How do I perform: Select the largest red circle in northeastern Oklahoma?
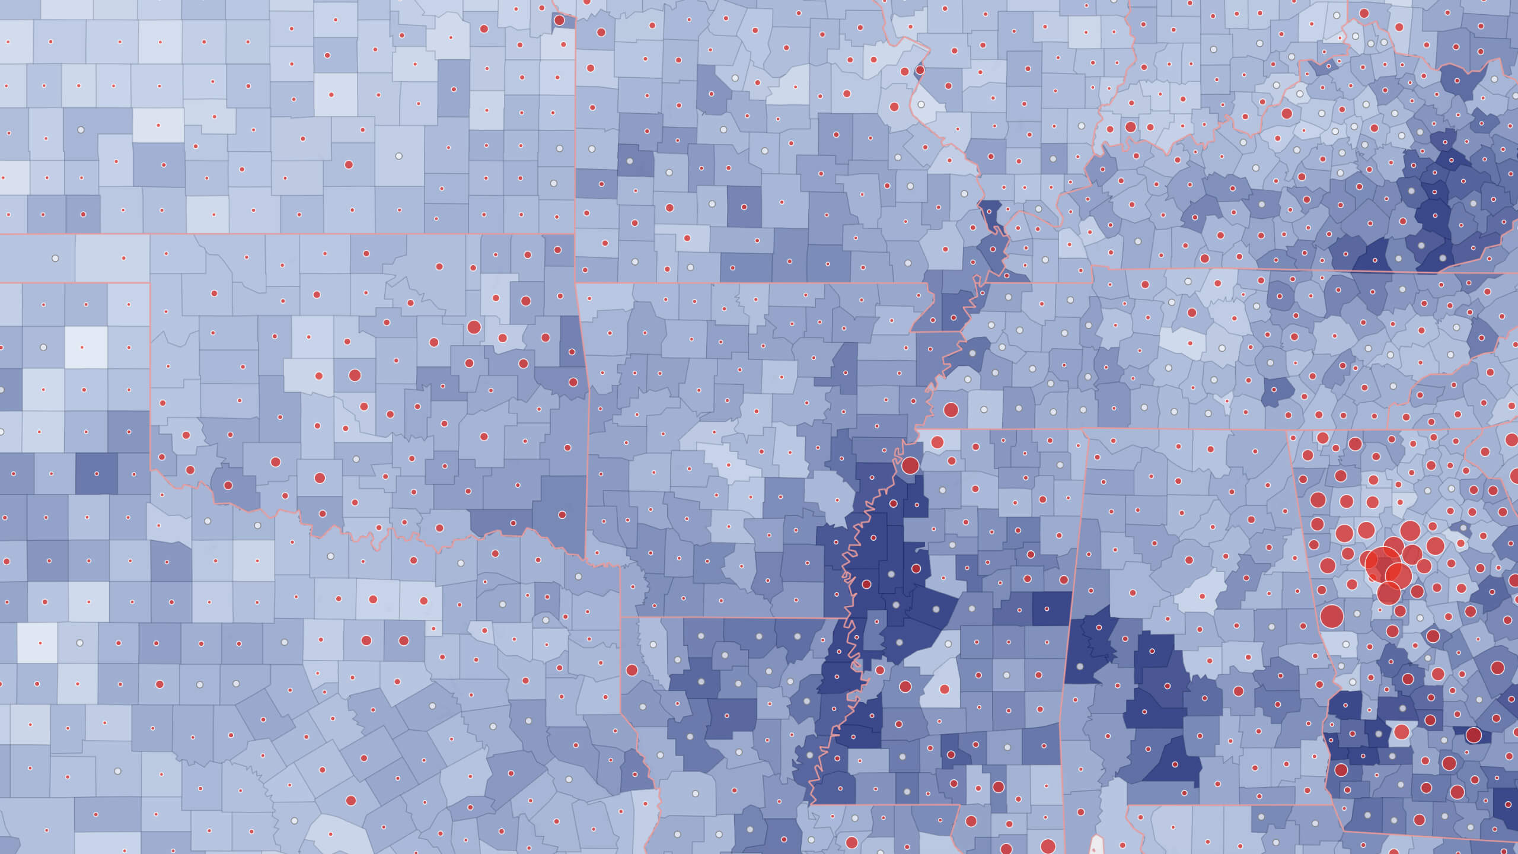(474, 326)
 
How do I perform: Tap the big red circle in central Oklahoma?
(355, 375)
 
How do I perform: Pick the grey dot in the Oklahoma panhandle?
(55, 259)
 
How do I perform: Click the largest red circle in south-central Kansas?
(349, 164)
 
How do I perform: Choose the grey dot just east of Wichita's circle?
(399, 156)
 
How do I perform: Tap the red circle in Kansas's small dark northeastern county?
(559, 20)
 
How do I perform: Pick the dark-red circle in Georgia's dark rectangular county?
(1474, 735)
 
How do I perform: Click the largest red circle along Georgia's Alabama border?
(1331, 616)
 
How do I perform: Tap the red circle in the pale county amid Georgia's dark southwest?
(1401, 731)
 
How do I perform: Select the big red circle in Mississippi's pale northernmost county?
(937, 442)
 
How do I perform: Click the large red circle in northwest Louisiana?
(632, 670)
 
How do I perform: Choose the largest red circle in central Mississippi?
(905, 687)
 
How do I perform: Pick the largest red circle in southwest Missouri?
(669, 208)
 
